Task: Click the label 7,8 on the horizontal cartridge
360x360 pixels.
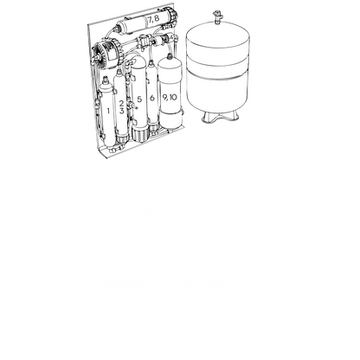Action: [x=154, y=18]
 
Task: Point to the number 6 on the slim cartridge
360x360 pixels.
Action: [x=152, y=98]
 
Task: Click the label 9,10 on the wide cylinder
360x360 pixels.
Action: [x=170, y=98]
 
